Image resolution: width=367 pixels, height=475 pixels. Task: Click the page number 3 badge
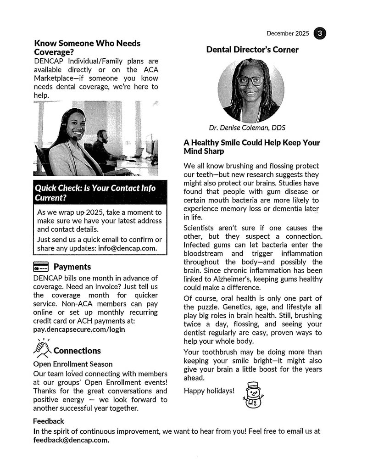pos(320,34)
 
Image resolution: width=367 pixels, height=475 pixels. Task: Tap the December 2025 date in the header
pos(288,34)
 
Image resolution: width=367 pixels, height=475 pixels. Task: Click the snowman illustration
pos(252,395)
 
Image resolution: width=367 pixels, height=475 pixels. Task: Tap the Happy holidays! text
pos(209,391)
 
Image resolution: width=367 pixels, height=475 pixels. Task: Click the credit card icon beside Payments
pos(41,267)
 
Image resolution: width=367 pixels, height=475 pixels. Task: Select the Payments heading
pos(72,267)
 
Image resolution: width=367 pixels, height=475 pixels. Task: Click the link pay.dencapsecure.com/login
pos(79,329)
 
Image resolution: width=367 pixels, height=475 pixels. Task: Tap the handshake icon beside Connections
pos(42,348)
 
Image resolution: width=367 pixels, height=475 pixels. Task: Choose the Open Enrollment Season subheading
pos(72,364)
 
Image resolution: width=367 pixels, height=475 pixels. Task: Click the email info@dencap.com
pos(131,248)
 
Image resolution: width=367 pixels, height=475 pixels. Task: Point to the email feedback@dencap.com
pos(71,440)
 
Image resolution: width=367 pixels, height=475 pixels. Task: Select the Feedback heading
pos(48,421)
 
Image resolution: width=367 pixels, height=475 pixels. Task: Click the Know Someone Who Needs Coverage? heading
pos(87,48)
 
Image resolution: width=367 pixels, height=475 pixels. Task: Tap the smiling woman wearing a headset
pos(73,138)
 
